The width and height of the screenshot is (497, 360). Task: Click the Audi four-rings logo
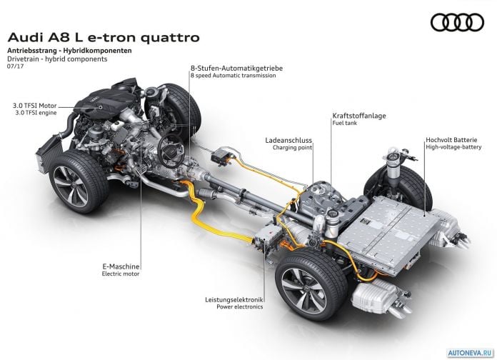[x=457, y=22]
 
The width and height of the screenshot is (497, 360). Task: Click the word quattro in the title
[x=170, y=37]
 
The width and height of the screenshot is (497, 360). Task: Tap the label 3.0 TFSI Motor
[x=34, y=106]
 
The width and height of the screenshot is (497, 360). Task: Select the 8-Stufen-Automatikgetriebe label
[x=236, y=68]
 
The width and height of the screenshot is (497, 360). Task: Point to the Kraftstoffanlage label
[x=359, y=116]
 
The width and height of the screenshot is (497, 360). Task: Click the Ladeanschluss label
[x=288, y=140]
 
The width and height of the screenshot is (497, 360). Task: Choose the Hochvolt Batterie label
[x=451, y=140]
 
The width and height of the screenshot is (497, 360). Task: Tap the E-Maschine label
[x=121, y=266]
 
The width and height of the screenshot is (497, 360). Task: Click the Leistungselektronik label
[x=234, y=299]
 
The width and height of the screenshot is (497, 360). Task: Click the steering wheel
[x=171, y=151]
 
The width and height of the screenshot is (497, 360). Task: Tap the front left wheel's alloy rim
[x=70, y=186]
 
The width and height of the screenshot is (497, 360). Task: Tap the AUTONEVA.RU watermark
[x=470, y=352]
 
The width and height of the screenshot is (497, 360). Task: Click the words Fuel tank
[x=344, y=123]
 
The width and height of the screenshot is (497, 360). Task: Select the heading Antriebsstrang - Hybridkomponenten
[x=69, y=51]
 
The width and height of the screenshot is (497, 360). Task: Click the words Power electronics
[x=240, y=306]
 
